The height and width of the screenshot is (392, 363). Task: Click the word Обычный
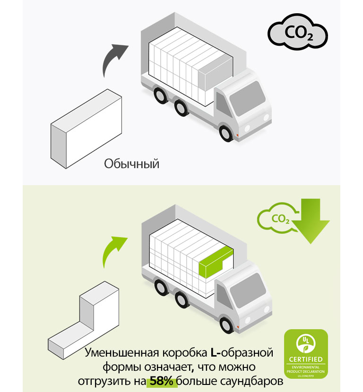coord(132,164)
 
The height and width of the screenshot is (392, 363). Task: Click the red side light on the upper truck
coord(237,137)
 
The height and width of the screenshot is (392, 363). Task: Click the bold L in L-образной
coord(213,353)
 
